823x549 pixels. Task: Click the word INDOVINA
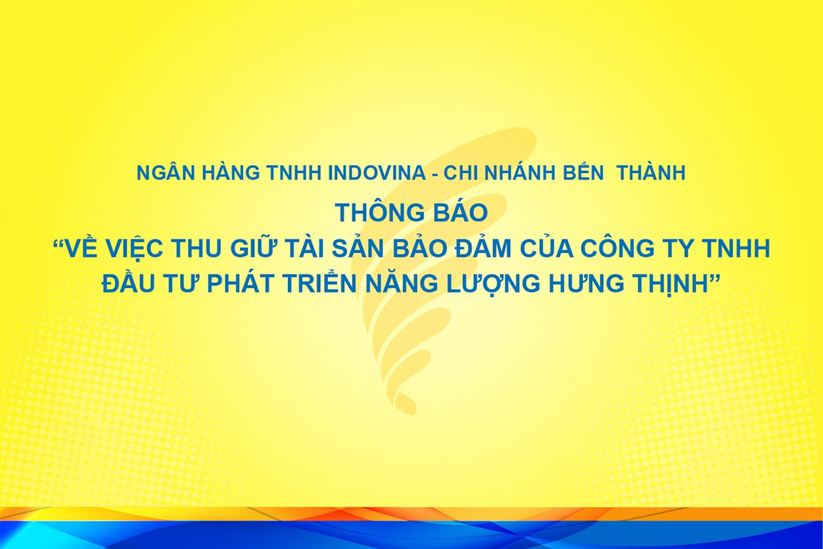click(x=376, y=174)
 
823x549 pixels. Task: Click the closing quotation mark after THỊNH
click(x=713, y=277)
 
